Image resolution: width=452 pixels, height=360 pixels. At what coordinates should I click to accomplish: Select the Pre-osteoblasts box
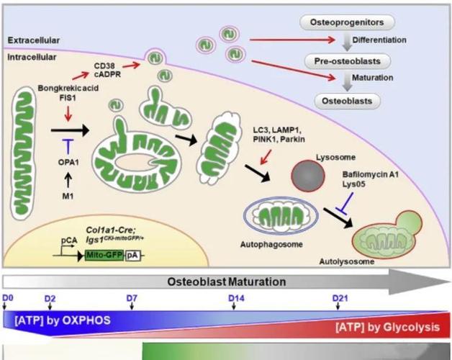point(343,61)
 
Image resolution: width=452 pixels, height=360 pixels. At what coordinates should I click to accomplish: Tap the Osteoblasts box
point(346,101)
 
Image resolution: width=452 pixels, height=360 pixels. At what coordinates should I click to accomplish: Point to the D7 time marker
point(132,297)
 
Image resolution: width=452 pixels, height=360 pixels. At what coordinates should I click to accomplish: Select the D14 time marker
point(237,297)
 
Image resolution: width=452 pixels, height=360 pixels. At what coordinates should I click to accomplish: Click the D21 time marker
point(340,297)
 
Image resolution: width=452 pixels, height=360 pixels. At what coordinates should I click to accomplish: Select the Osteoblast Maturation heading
point(227,282)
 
